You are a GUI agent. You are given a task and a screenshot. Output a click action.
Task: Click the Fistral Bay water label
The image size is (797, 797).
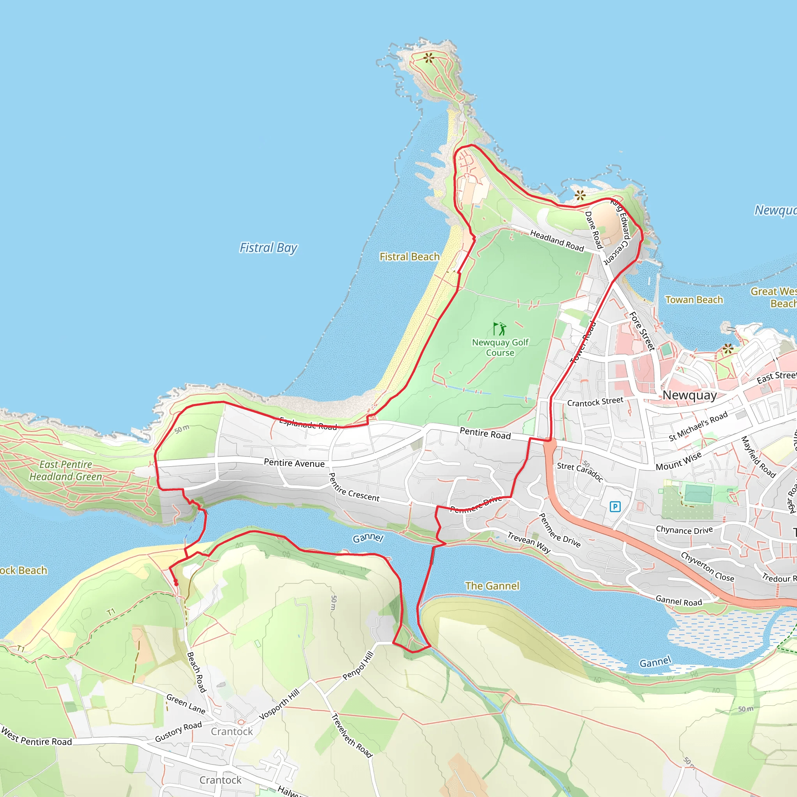[268, 248]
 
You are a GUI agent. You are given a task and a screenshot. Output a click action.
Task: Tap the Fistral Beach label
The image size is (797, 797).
[409, 256]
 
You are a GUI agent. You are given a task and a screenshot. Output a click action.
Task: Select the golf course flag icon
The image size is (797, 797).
[500, 329]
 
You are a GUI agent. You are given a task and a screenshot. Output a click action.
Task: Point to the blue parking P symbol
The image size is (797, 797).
[614, 506]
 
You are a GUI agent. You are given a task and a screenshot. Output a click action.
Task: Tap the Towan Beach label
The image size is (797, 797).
[694, 300]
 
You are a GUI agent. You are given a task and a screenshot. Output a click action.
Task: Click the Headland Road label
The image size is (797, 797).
[557, 240]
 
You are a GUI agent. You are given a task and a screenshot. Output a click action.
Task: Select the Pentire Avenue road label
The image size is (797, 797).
[294, 463]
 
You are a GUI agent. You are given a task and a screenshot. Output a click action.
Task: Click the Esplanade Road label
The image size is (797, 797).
[308, 423]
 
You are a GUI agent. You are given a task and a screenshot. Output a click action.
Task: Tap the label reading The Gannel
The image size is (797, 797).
[492, 586]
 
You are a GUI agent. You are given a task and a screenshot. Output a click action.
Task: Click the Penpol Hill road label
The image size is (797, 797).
[358, 665]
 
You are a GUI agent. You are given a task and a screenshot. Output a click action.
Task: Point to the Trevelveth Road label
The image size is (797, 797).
[352, 735]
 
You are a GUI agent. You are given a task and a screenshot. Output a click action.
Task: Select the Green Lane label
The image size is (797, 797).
[186, 703]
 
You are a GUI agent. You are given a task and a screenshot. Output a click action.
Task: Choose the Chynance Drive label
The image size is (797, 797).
[685, 530]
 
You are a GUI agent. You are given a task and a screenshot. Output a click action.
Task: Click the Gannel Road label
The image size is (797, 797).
[679, 601]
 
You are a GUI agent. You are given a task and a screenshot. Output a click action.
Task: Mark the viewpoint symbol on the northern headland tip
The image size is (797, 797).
[429, 58]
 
